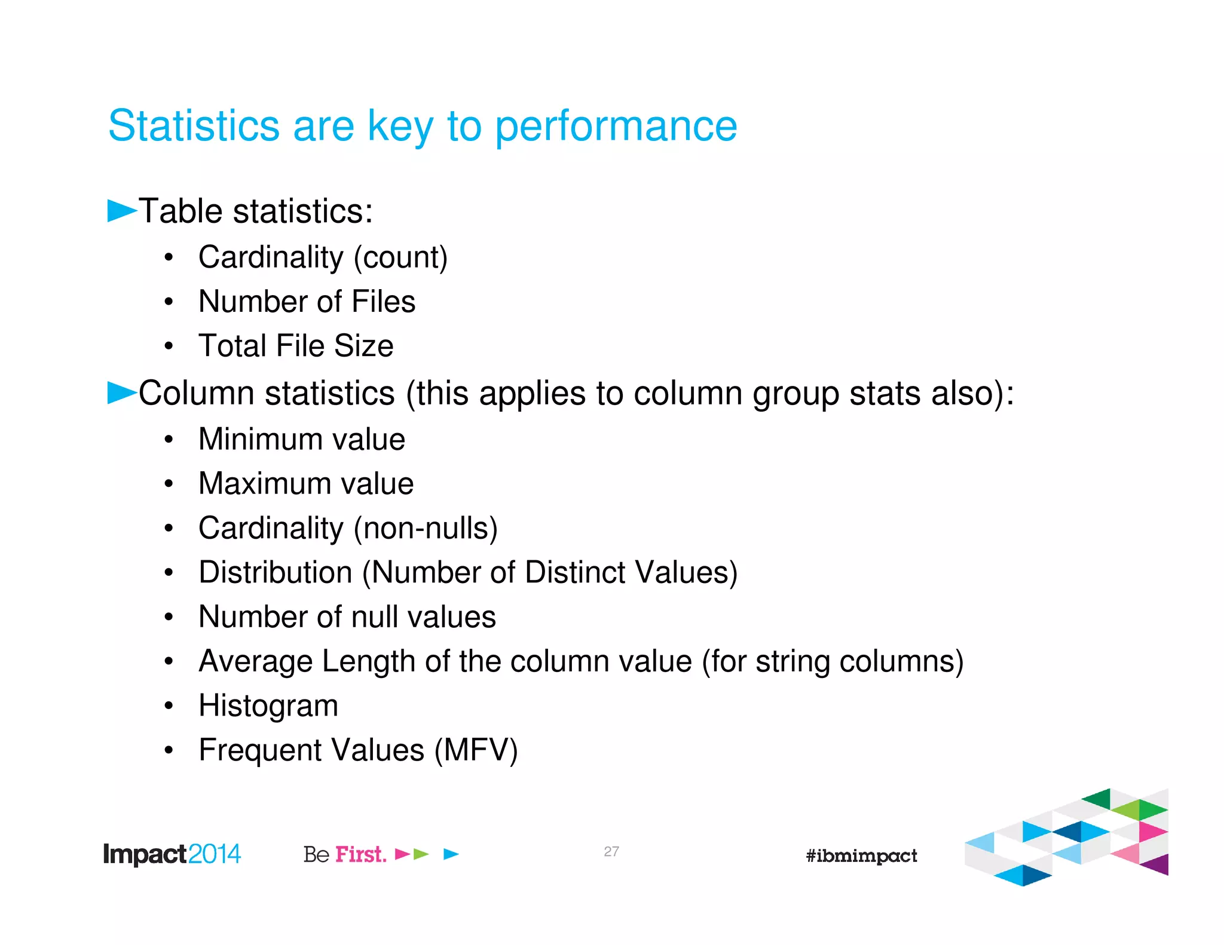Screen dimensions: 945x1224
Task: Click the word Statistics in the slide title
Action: [194, 126]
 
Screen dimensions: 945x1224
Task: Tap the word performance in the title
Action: [616, 127]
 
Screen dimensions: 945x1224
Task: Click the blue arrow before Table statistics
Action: [121, 211]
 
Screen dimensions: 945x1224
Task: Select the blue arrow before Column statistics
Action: [121, 393]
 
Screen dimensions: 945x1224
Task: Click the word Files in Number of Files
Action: [383, 301]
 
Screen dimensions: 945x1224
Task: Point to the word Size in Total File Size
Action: [363, 346]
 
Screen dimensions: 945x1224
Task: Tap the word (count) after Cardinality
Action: [400, 258]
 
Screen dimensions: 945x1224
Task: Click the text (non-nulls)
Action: [426, 528]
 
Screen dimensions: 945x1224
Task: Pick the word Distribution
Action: [275, 572]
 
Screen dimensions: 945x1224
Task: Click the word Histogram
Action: [268, 706]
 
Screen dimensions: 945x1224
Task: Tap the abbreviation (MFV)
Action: [476, 750]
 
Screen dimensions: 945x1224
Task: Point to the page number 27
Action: [611, 851]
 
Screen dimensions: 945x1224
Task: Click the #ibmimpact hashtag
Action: [861, 855]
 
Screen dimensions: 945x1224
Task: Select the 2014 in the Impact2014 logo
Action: [214, 854]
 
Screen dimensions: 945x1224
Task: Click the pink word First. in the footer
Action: [360, 854]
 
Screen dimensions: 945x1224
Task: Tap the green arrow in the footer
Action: [421, 854]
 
